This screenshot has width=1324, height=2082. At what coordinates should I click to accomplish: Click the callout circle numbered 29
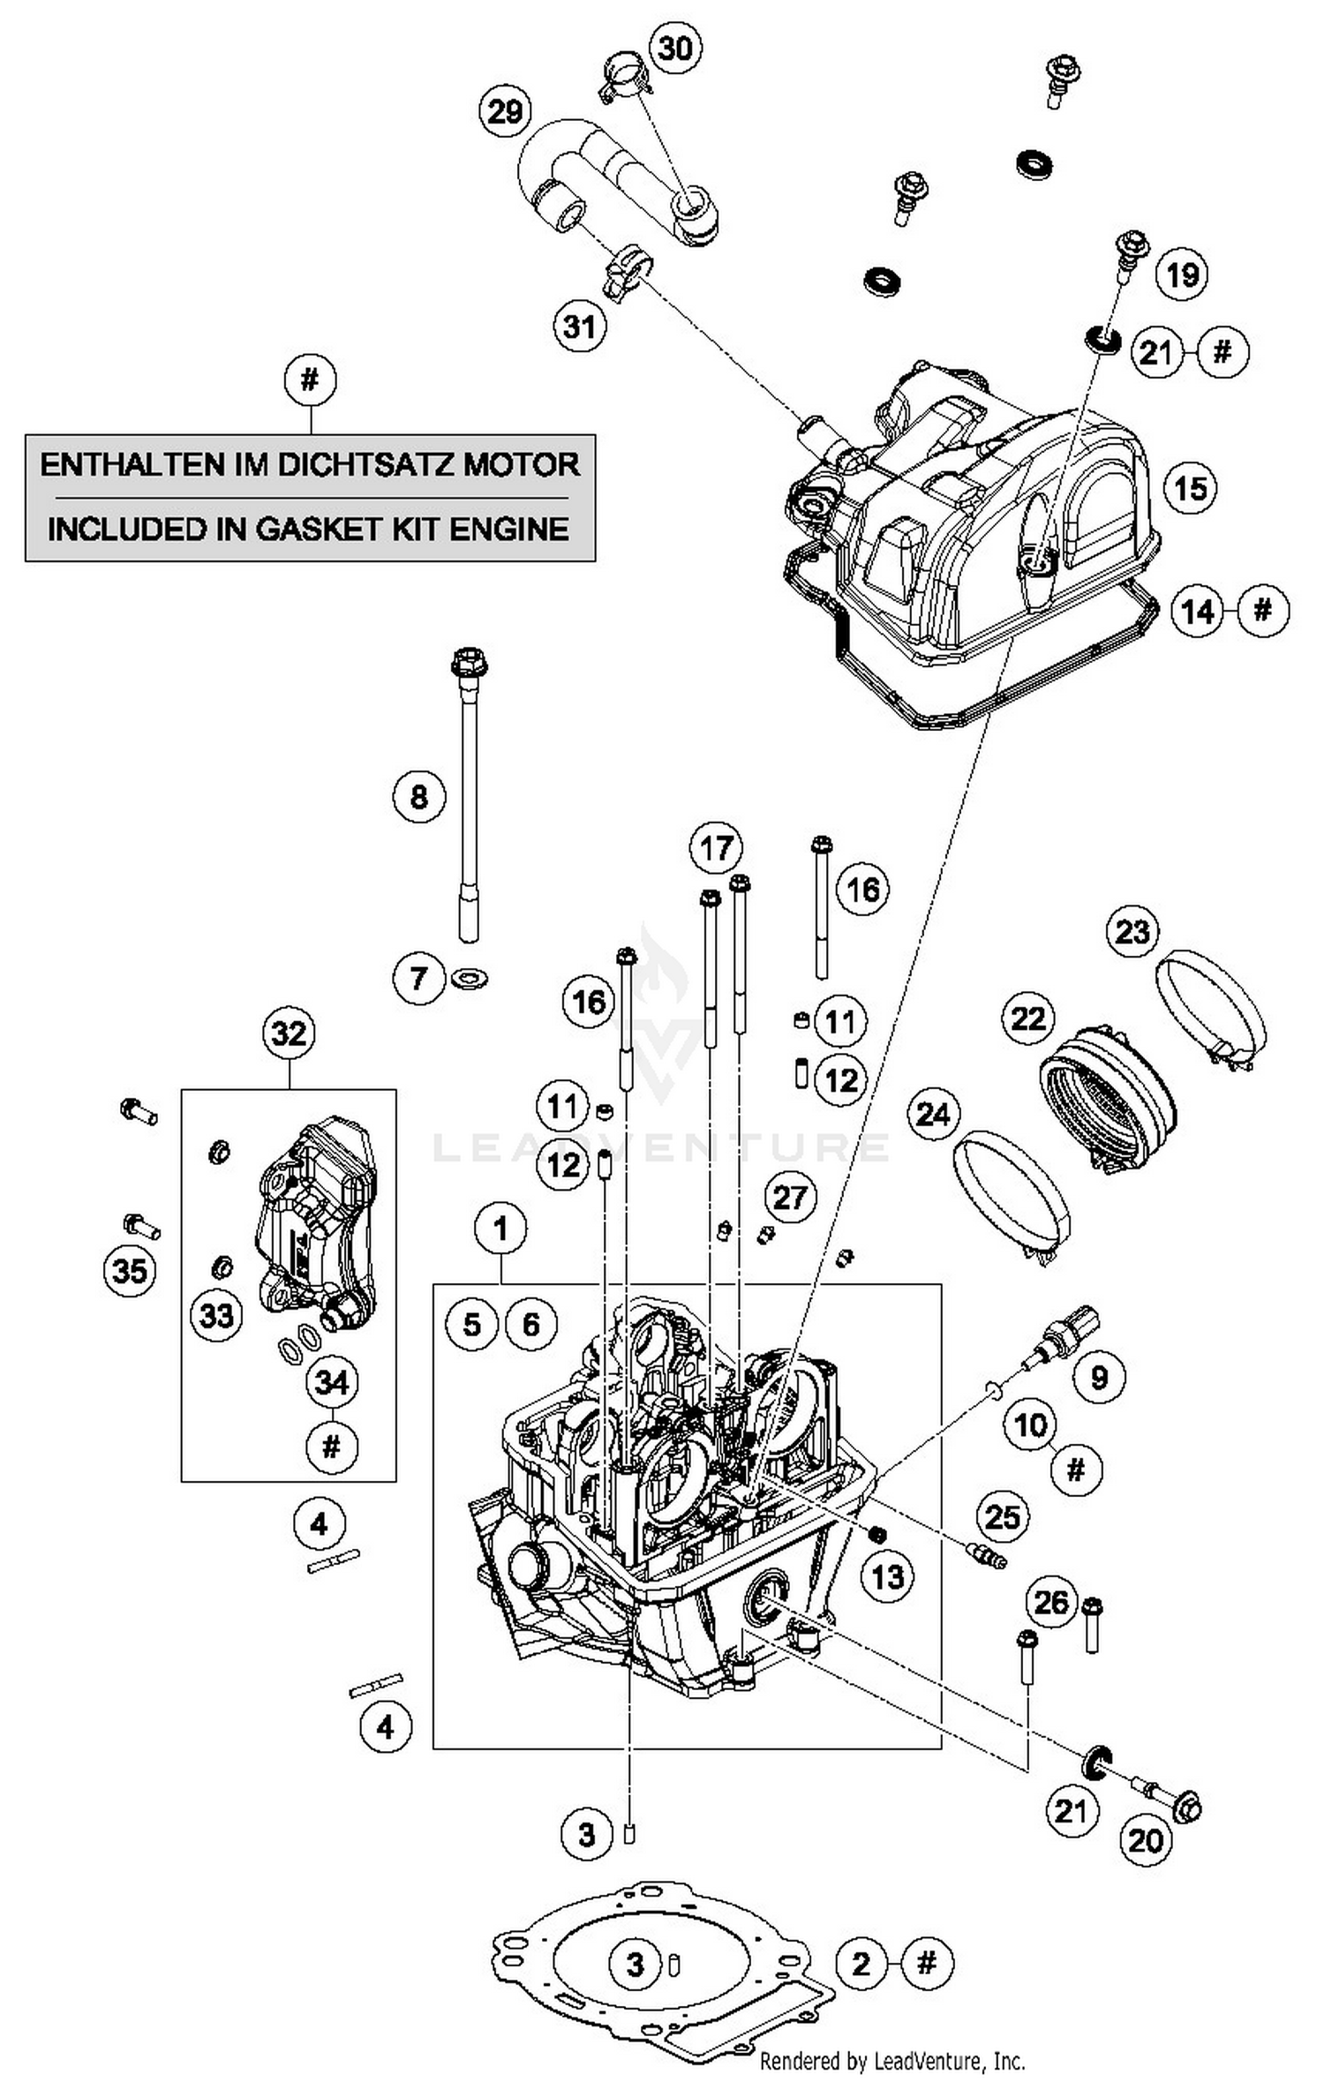[505, 112]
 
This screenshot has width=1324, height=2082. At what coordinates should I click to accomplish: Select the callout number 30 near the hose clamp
[675, 47]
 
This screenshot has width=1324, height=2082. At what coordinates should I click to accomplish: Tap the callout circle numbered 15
[1190, 487]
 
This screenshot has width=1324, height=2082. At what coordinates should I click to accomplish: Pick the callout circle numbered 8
[418, 797]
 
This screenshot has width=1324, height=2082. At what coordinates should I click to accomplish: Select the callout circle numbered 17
[716, 848]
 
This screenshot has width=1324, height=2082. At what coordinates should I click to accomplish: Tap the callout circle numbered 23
[1133, 931]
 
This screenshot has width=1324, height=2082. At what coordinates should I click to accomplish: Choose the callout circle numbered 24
[933, 1114]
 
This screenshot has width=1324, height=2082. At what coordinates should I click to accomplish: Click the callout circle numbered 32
[289, 1033]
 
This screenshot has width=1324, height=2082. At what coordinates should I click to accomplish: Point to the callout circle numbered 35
[130, 1271]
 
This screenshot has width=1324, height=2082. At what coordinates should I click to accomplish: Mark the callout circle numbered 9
[1099, 1377]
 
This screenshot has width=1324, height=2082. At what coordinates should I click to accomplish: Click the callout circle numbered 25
[1003, 1517]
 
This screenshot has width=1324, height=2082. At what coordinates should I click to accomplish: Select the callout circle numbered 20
[1146, 1840]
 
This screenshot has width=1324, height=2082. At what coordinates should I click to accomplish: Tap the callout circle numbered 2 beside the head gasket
[861, 1964]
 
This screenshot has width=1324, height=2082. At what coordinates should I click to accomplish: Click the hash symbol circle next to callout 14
[1263, 610]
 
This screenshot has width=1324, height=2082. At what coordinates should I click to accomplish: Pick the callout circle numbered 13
[888, 1576]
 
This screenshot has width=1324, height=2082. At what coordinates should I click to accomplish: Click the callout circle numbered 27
[789, 1198]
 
